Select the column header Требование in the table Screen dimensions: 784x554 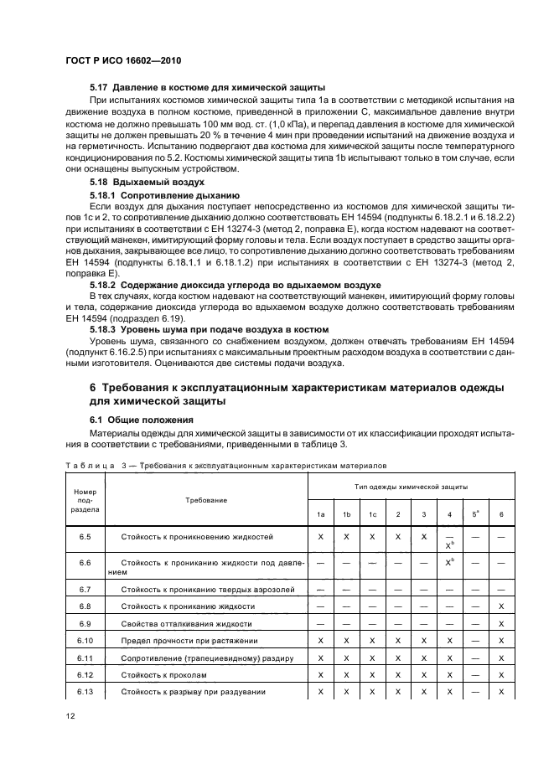[x=206, y=499]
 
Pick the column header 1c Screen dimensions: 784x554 [x=373, y=513]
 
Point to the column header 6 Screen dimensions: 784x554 [x=500, y=513]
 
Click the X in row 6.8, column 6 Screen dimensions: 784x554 [x=500, y=606]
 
